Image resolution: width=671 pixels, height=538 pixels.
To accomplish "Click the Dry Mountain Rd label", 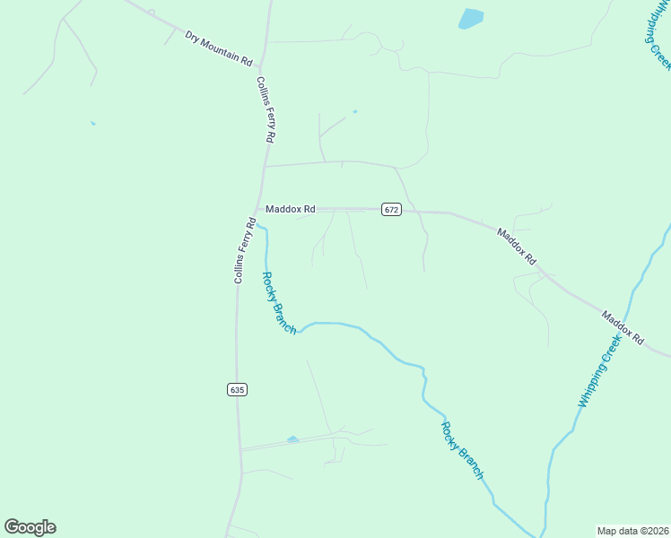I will pyautogui.click(x=219, y=48).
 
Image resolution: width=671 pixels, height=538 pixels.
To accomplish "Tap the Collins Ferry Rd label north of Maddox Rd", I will pyautogui.click(x=265, y=109).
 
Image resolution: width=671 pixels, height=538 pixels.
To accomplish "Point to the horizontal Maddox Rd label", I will pyautogui.click(x=290, y=209).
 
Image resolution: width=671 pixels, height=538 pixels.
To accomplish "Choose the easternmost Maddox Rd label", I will pyautogui.click(x=623, y=328).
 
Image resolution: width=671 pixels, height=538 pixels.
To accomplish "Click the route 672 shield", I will pyautogui.click(x=391, y=209).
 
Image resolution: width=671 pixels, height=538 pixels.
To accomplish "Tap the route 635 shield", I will pyautogui.click(x=236, y=389).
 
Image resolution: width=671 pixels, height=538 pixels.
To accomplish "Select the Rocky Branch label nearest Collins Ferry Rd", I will pyautogui.click(x=278, y=303).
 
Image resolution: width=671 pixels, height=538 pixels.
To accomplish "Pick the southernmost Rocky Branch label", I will pyautogui.click(x=463, y=449).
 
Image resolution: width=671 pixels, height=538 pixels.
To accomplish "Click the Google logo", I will pyautogui.click(x=30, y=527).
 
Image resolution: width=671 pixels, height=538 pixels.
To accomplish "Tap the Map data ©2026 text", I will pyautogui.click(x=632, y=530).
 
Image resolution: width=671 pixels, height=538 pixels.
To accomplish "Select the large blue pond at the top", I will pyautogui.click(x=470, y=19).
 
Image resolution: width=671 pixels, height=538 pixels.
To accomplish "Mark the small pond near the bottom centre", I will pyautogui.click(x=292, y=439).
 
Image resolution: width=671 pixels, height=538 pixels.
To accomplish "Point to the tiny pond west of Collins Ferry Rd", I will pyautogui.click(x=92, y=123).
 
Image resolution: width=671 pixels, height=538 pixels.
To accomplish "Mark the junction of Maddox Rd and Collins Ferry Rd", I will pyautogui.click(x=258, y=210).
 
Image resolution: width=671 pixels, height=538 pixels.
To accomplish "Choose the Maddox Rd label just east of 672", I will pyautogui.click(x=518, y=246).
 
